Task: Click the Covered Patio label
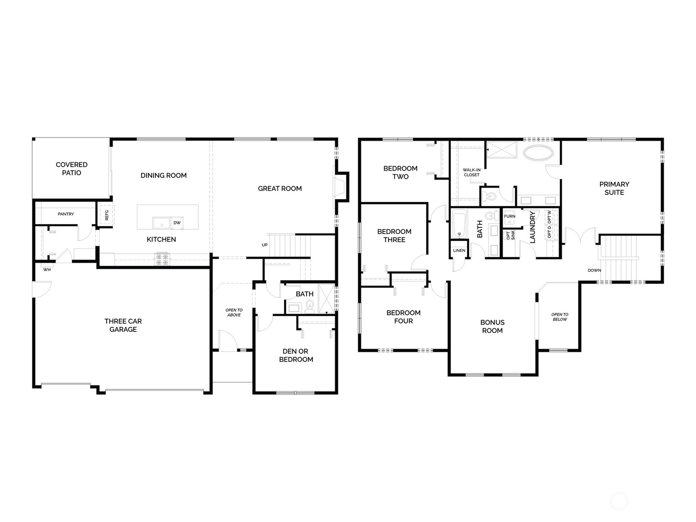[x=71, y=168]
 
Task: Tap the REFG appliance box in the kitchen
[x=107, y=215]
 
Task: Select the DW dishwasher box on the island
[x=177, y=223]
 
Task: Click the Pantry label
[x=66, y=214]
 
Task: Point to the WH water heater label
[x=47, y=270]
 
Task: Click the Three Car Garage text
[x=123, y=325]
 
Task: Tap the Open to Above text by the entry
[x=234, y=312]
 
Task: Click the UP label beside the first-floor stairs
[x=264, y=245]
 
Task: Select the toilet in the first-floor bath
[x=310, y=306]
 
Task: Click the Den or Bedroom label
[x=296, y=355]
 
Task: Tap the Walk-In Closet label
[x=472, y=172]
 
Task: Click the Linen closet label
[x=459, y=251]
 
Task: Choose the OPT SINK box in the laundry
[x=510, y=235]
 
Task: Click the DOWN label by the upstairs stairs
[x=594, y=270]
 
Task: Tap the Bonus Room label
[x=492, y=326]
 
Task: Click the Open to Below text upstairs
[x=559, y=317]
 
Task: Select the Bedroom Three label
[x=394, y=235]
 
